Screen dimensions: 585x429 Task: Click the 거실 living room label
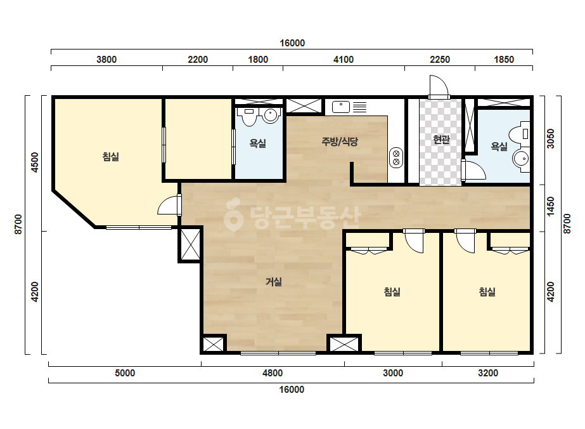tap(273, 282)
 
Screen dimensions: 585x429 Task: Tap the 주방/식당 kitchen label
tap(340, 142)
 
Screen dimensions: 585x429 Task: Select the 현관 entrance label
tap(441, 140)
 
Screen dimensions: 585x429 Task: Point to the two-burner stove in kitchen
tap(396, 158)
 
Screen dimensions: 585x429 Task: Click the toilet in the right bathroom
tap(519, 134)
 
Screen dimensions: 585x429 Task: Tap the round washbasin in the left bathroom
tap(270, 115)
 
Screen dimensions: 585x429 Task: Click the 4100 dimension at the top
tap(344, 60)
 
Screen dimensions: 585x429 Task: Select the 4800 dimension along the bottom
tap(273, 373)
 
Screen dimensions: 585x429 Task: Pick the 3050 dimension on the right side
tap(550, 138)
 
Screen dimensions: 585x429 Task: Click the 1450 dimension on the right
tap(550, 206)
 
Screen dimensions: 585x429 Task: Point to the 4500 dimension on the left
tap(34, 162)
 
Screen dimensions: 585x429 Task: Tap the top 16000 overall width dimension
tap(292, 43)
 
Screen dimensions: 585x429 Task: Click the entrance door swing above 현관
tap(439, 86)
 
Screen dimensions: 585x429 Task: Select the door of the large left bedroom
tap(169, 205)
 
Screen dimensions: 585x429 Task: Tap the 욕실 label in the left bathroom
tap(257, 143)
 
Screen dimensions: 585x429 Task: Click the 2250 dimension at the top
tap(440, 60)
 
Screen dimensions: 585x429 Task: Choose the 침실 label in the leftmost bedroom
tap(110, 157)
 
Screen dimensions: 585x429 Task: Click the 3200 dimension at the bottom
tap(488, 373)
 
